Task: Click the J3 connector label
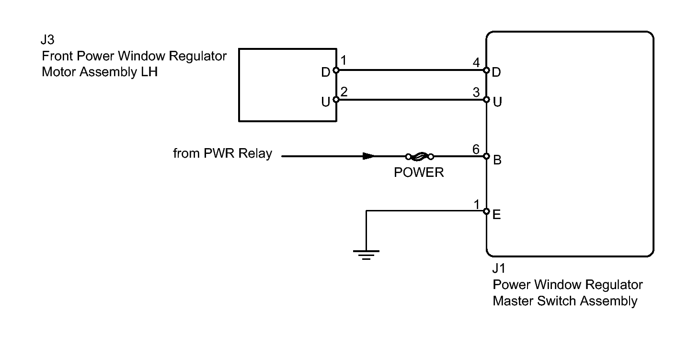click(x=47, y=40)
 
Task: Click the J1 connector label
click(x=499, y=268)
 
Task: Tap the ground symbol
click(x=366, y=255)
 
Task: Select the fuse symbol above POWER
click(x=420, y=156)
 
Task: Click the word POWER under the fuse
click(x=419, y=173)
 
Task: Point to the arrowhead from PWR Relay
click(x=368, y=156)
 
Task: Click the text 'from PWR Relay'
click(x=223, y=153)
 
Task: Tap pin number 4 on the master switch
click(x=476, y=63)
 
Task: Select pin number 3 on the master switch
click(x=476, y=92)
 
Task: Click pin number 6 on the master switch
click(x=476, y=150)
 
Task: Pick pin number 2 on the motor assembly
click(x=344, y=92)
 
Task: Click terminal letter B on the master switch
click(x=497, y=160)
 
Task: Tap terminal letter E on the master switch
click(x=497, y=215)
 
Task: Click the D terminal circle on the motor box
click(x=336, y=70)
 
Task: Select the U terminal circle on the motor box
click(x=336, y=100)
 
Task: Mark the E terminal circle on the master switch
click(x=486, y=211)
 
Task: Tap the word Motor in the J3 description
click(x=58, y=72)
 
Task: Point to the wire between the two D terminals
click(x=411, y=70)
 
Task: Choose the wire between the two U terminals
click(x=411, y=100)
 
